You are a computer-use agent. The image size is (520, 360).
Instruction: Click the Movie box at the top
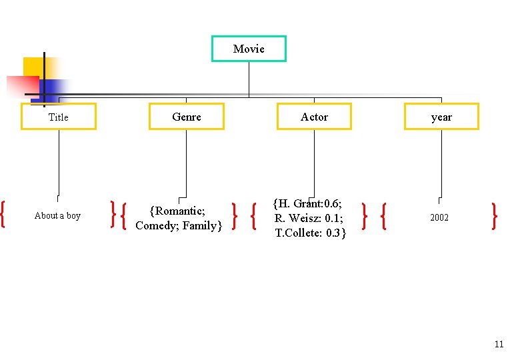pos(249,49)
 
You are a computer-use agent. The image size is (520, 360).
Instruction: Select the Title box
pos(59,117)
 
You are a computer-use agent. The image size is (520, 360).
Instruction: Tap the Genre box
pos(187,117)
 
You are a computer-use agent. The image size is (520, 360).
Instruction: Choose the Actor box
pos(314,117)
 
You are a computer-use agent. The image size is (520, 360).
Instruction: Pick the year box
pos(441,117)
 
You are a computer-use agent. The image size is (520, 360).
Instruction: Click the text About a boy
pos(57,215)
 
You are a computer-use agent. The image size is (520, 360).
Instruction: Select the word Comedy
pos(157,225)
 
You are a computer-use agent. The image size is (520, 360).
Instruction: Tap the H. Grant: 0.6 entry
pos(308,204)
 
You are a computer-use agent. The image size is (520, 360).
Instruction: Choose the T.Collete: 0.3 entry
pos(310,233)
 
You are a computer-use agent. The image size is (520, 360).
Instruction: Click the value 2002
pos(439,218)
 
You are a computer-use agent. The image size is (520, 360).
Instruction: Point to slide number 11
pos(499,345)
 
